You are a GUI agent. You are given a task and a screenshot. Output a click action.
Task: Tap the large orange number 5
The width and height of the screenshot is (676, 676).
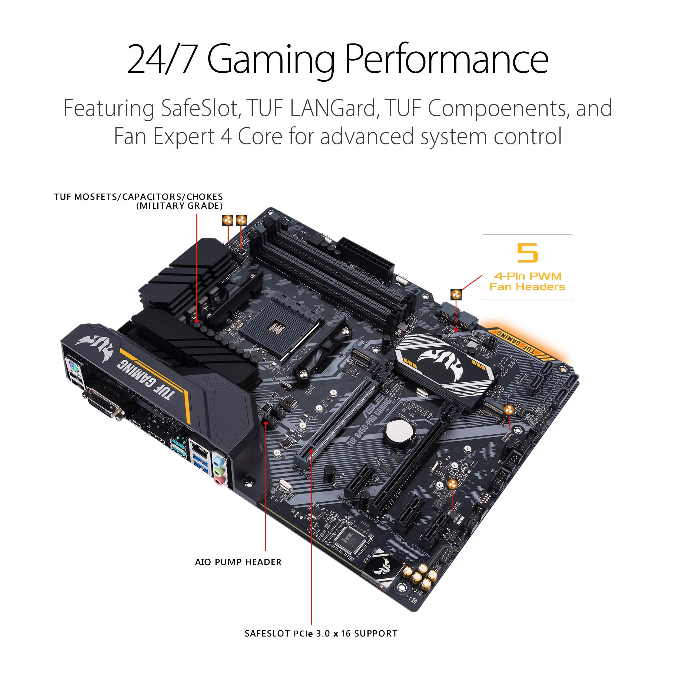tap(527, 253)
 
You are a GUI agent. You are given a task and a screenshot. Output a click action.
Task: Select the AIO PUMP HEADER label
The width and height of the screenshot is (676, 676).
tap(238, 562)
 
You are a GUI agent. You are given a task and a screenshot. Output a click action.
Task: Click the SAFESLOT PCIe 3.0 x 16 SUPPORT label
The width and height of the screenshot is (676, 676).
tap(321, 634)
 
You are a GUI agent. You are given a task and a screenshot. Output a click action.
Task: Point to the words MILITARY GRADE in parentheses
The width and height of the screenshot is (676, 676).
tap(179, 206)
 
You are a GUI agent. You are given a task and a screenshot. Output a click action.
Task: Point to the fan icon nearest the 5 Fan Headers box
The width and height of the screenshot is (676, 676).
tap(456, 294)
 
